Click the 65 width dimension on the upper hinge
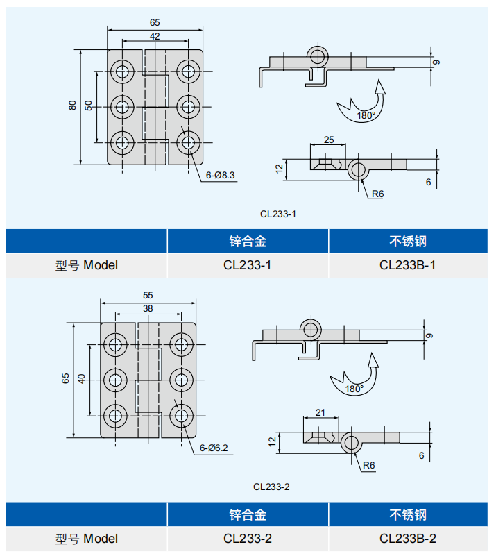[x=155, y=23]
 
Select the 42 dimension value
[x=155, y=36]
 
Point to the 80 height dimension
[x=72, y=106]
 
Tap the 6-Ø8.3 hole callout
[x=221, y=175]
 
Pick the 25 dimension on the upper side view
[x=329, y=140]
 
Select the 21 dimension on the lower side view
[x=320, y=412]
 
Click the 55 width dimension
[x=147, y=295]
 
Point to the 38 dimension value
[x=147, y=308]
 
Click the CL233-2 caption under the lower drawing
[x=271, y=487]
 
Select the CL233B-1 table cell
[x=408, y=264]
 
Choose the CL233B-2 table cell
[x=408, y=538]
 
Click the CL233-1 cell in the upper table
[x=248, y=264]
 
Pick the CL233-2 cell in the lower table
[x=248, y=538]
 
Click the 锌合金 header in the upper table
[x=248, y=241]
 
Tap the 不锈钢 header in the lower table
[x=408, y=514]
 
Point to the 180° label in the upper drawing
[x=366, y=115]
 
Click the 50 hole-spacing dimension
[x=89, y=106]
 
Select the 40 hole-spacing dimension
[x=83, y=379]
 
